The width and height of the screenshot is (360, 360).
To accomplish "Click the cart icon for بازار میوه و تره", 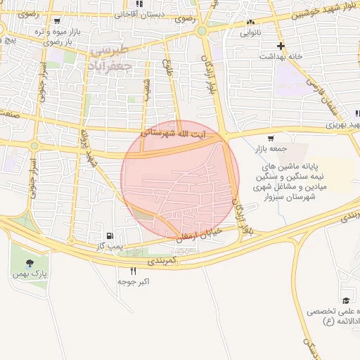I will [57, 21].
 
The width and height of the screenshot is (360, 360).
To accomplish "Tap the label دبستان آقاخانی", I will [141, 14].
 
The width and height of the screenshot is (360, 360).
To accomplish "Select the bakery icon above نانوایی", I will [250, 22].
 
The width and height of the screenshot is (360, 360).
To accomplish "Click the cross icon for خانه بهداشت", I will [281, 46].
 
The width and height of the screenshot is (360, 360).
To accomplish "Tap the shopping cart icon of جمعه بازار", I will [271, 138].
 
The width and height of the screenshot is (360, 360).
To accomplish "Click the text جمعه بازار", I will [271, 149].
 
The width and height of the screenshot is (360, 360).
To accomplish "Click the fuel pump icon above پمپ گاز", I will [109, 236].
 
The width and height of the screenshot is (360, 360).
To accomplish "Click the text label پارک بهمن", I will [30, 274].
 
